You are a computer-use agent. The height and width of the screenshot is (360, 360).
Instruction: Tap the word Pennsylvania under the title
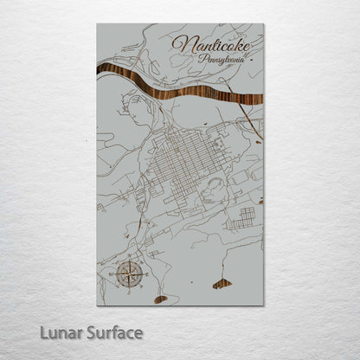221,59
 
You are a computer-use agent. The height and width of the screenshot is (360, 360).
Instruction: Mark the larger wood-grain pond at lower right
222,283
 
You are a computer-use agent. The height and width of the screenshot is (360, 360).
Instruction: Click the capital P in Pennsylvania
202,58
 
